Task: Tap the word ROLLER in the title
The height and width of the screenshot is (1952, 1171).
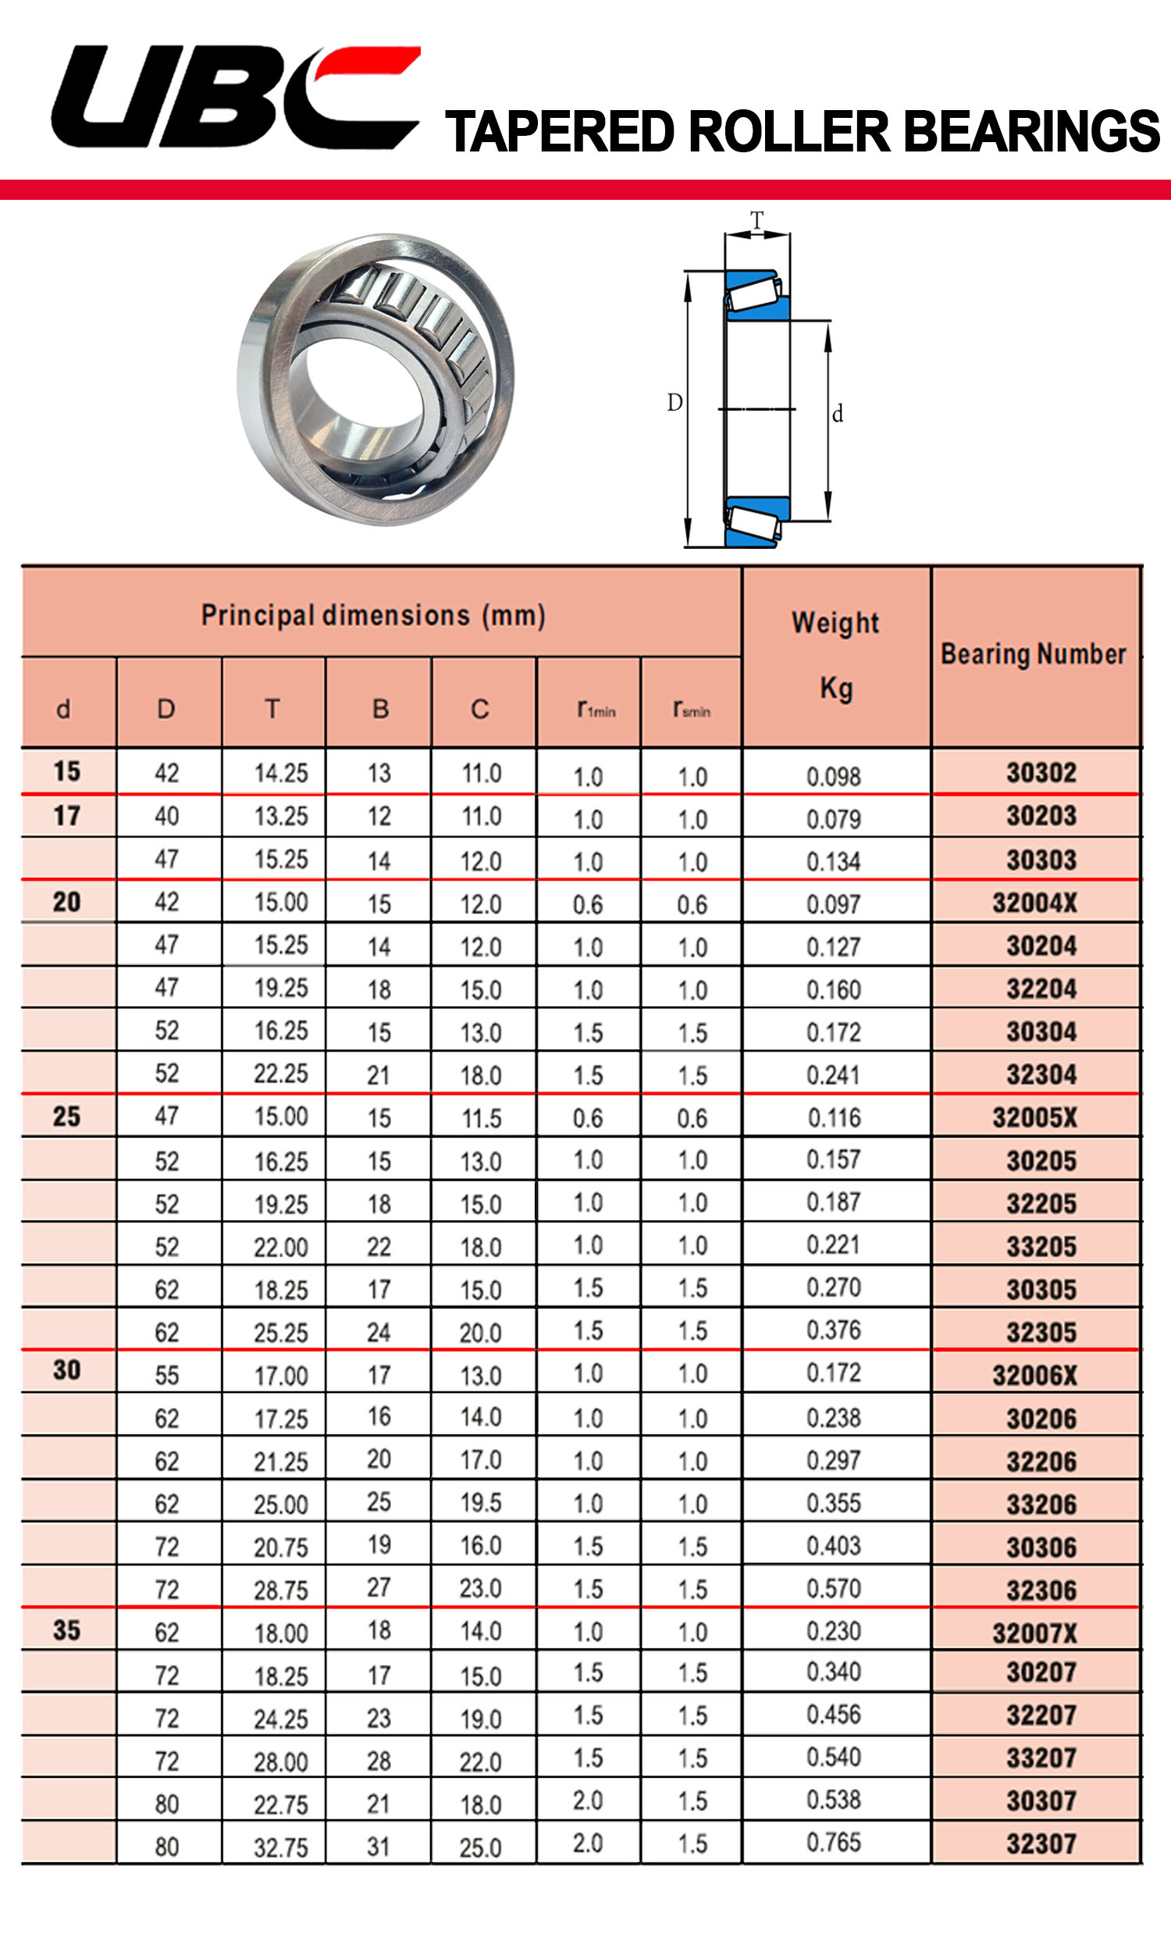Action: coord(789,131)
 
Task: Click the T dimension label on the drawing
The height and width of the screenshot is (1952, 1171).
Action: coord(756,220)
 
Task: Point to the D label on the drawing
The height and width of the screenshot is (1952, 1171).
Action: coord(674,402)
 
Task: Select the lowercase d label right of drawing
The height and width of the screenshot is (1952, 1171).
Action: coord(837,414)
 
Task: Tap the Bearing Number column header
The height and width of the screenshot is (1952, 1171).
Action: coord(1033,654)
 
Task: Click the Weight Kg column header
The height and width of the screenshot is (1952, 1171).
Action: coord(835,655)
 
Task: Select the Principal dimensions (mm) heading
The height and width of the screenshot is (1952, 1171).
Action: coord(373,614)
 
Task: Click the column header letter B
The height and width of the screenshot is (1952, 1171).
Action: coord(380,708)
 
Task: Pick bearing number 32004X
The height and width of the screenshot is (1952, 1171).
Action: coord(1034,903)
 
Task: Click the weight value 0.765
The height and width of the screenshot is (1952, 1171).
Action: coord(834,1843)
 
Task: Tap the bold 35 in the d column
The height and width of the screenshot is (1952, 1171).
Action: coord(67,1630)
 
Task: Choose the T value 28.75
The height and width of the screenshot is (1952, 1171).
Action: coord(281,1590)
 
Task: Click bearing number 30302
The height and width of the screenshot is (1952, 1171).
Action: coord(1041,772)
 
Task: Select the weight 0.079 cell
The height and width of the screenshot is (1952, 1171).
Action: coord(834,818)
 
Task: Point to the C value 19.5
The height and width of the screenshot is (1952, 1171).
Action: coord(481,1503)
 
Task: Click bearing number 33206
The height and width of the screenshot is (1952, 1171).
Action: coord(1041,1505)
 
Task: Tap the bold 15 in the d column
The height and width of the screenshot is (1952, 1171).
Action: coord(67,771)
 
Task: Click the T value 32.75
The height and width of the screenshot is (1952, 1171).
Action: coord(281,1847)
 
